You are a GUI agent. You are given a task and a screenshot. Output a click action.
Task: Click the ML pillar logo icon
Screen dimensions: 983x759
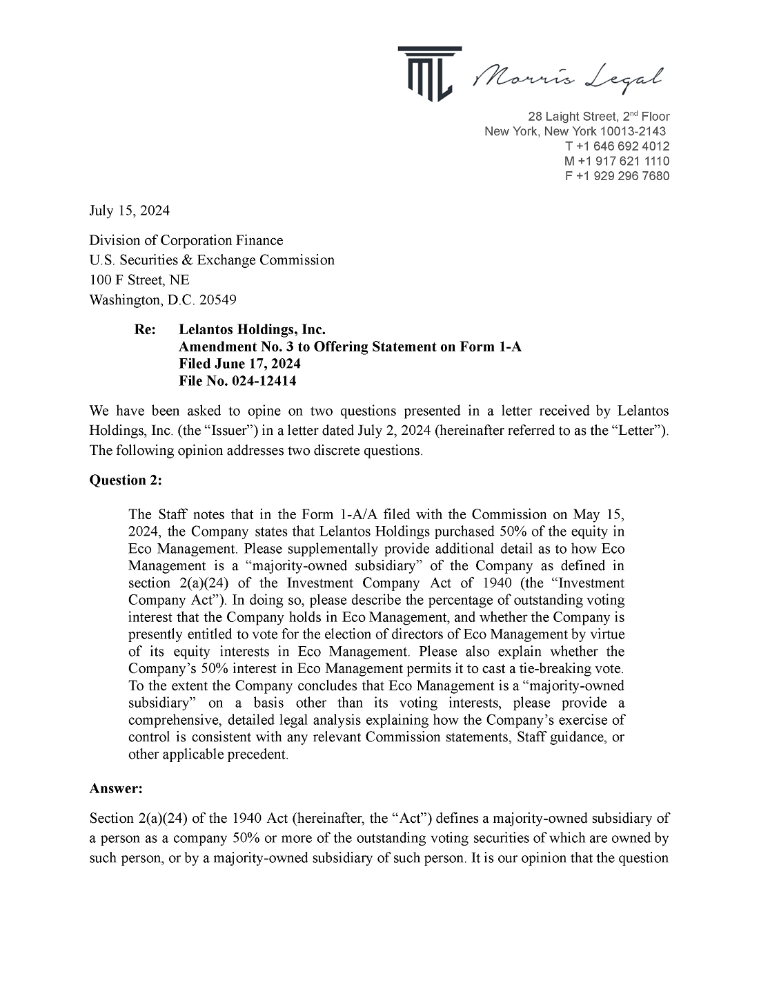tap(428, 72)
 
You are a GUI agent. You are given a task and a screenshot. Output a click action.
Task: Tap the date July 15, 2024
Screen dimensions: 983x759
tap(129, 211)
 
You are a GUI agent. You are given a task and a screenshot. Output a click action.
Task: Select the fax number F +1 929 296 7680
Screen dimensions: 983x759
tap(617, 176)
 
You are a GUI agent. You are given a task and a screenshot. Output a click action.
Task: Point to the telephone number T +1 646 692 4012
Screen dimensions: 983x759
tap(617, 146)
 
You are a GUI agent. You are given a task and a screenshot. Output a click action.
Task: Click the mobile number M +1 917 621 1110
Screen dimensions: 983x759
tap(616, 161)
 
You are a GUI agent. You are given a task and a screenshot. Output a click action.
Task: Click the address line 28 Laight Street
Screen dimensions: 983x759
tap(598, 117)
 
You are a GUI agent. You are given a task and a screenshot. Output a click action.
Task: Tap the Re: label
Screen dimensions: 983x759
tap(145, 329)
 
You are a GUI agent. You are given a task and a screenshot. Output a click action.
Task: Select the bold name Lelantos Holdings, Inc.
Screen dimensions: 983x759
tap(252, 329)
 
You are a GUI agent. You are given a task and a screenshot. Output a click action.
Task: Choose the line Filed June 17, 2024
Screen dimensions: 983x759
tap(239, 363)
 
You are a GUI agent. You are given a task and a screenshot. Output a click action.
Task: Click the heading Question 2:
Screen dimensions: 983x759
tap(126, 480)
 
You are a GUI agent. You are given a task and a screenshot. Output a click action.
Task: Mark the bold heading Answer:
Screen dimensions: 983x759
tap(116, 788)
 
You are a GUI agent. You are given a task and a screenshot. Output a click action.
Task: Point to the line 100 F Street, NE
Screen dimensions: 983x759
tap(139, 280)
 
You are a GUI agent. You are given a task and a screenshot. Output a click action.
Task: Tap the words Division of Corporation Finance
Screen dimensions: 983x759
tap(186, 240)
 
